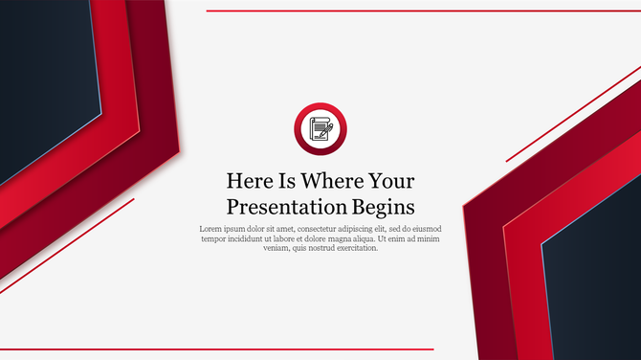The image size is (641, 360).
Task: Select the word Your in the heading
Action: point(392,181)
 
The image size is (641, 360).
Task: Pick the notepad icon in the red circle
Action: point(320,128)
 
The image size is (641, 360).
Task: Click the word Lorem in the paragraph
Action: point(211,229)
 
